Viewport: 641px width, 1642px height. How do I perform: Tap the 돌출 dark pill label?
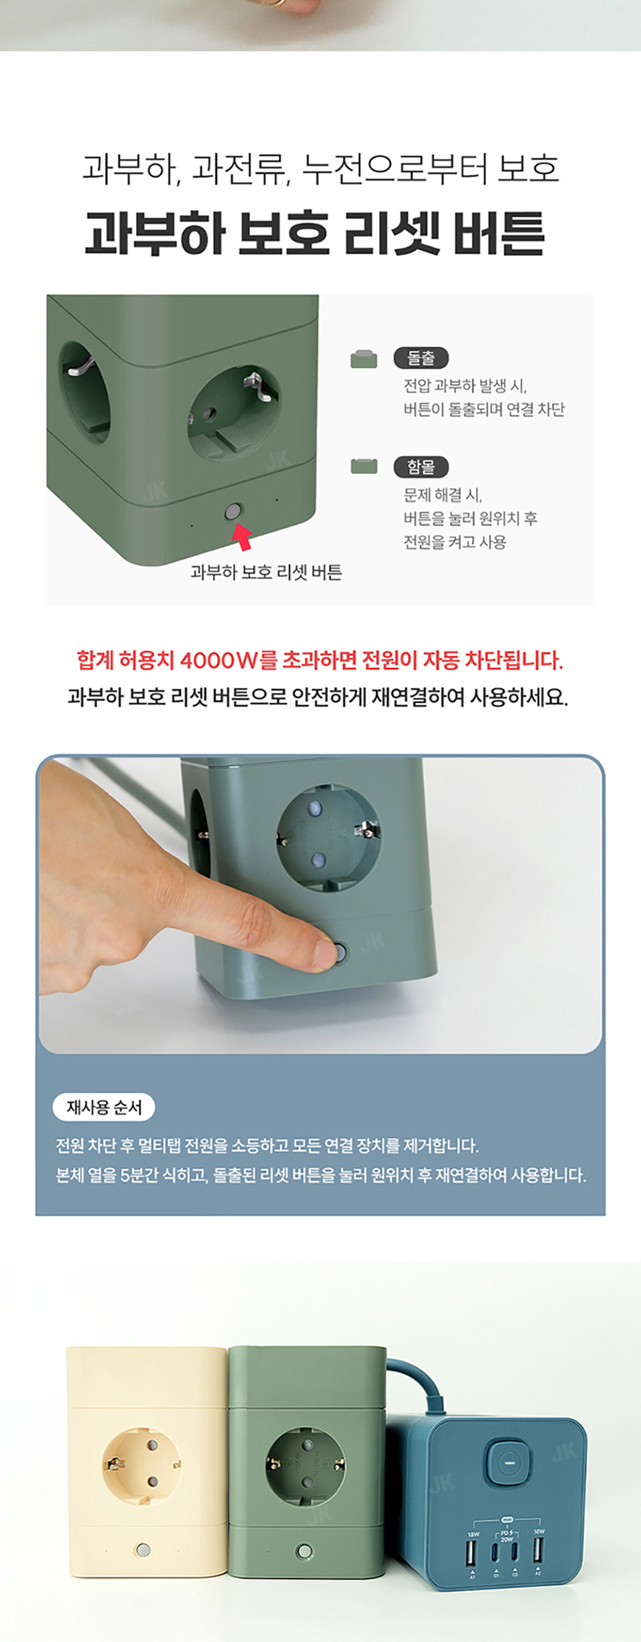(421, 358)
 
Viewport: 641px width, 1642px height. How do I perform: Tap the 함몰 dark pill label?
(421, 467)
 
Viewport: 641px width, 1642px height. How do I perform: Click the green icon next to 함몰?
(364, 466)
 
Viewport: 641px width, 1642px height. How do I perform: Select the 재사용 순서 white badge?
(104, 1107)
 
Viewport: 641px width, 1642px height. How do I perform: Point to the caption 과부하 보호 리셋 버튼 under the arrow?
(266, 572)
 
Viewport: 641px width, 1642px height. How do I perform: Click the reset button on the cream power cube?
(143, 1550)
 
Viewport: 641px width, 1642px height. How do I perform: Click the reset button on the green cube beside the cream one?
(304, 1551)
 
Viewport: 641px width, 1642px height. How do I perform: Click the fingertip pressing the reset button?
(325, 954)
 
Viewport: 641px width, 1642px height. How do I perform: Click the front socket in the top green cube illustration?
(232, 415)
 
